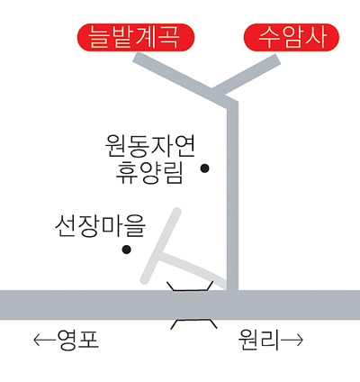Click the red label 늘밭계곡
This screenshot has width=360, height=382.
[136, 37]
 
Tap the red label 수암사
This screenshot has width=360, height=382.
[292, 37]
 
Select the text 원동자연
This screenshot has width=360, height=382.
[150, 146]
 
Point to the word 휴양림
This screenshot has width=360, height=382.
[149, 173]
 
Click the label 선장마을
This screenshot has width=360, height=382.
[100, 226]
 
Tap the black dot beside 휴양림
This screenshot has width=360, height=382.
[205, 168]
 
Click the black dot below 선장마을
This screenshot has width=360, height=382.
[127, 250]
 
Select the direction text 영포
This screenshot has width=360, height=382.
[78, 341]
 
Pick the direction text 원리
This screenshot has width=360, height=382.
[258, 341]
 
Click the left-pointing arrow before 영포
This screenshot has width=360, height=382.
[45, 341]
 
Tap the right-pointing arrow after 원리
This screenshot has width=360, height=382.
[292, 341]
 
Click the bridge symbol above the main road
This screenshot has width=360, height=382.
[190, 286]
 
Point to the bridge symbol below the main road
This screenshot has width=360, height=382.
[193, 324]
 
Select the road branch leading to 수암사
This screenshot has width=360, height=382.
[247, 75]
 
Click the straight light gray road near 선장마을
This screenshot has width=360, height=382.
[161, 245]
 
